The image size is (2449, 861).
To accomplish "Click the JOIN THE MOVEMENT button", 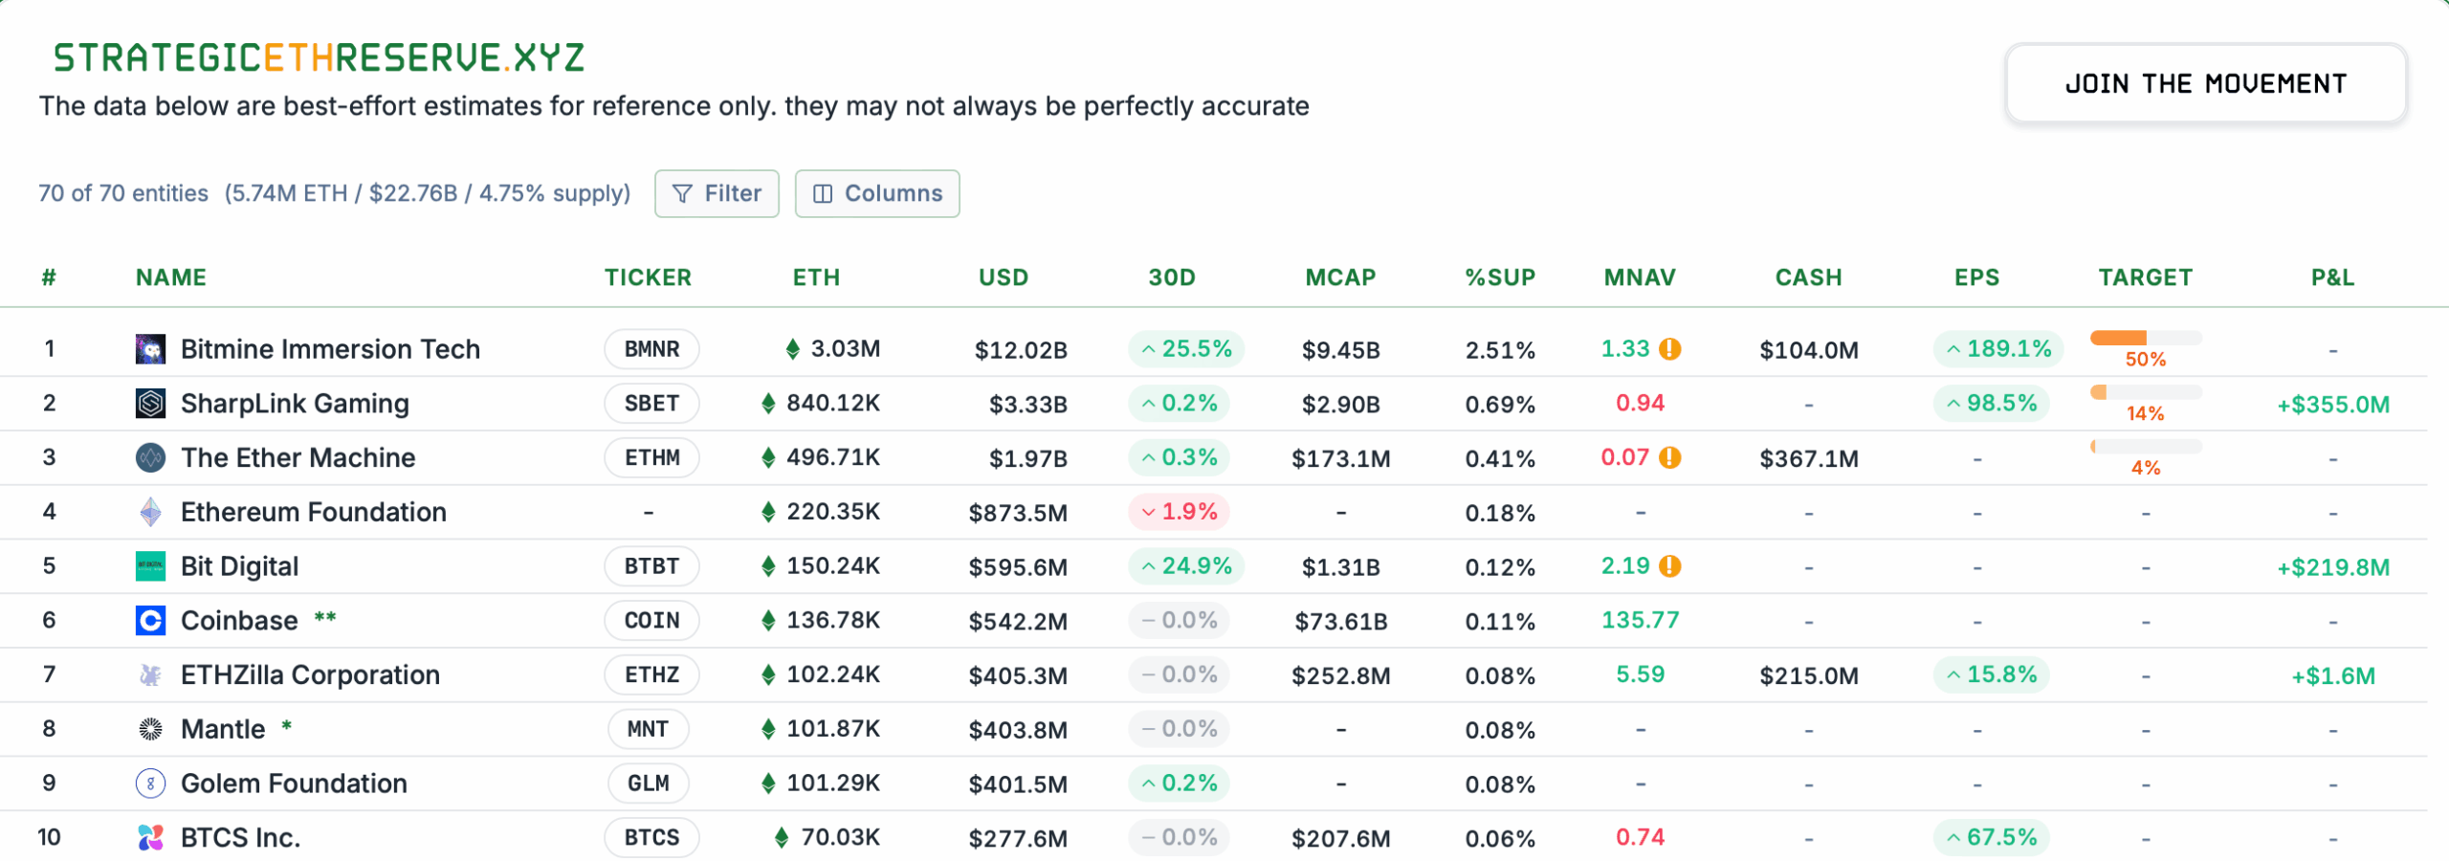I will click(2205, 84).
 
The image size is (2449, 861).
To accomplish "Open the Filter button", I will click(717, 193).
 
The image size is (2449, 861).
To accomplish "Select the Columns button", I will click(876, 193).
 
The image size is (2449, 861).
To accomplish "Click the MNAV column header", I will click(1640, 277).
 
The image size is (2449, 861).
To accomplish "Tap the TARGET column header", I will click(2145, 277).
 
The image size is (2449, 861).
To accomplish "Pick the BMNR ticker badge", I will click(651, 349).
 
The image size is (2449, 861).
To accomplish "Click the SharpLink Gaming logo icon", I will click(150, 404).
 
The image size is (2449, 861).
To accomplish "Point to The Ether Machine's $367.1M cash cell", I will click(1808, 458).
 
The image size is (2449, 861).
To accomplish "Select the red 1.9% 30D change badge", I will click(1179, 512).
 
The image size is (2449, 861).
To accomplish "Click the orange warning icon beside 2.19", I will click(1670, 566).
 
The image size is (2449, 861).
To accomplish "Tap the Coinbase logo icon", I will click(150, 621).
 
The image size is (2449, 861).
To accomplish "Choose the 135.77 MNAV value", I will click(1640, 621).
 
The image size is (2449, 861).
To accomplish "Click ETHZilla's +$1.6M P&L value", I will click(2332, 676).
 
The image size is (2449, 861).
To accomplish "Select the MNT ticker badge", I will click(648, 729).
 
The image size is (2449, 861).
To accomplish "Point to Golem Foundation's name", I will click(294, 784).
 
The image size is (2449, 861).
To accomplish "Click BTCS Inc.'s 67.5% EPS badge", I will click(1991, 838).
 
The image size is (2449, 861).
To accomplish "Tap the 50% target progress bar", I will click(2146, 338).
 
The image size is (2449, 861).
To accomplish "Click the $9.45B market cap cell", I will click(1340, 350).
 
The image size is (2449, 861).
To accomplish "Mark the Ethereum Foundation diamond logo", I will click(150, 512).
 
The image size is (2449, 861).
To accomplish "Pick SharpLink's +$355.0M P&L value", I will click(2332, 405).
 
